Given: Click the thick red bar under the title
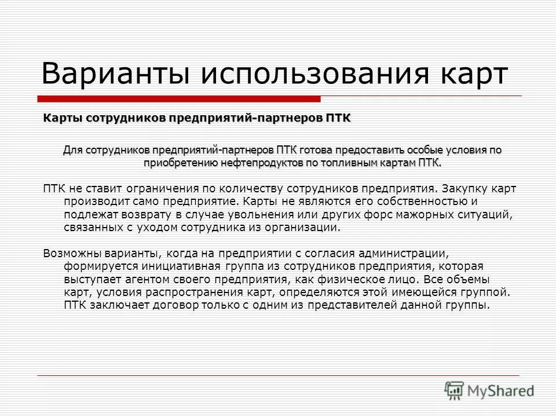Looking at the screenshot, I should click(180, 98).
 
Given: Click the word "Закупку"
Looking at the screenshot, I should click(464, 189).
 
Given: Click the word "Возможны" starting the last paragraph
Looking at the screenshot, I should click(72, 253).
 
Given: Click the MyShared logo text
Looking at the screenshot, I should click(500, 391).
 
